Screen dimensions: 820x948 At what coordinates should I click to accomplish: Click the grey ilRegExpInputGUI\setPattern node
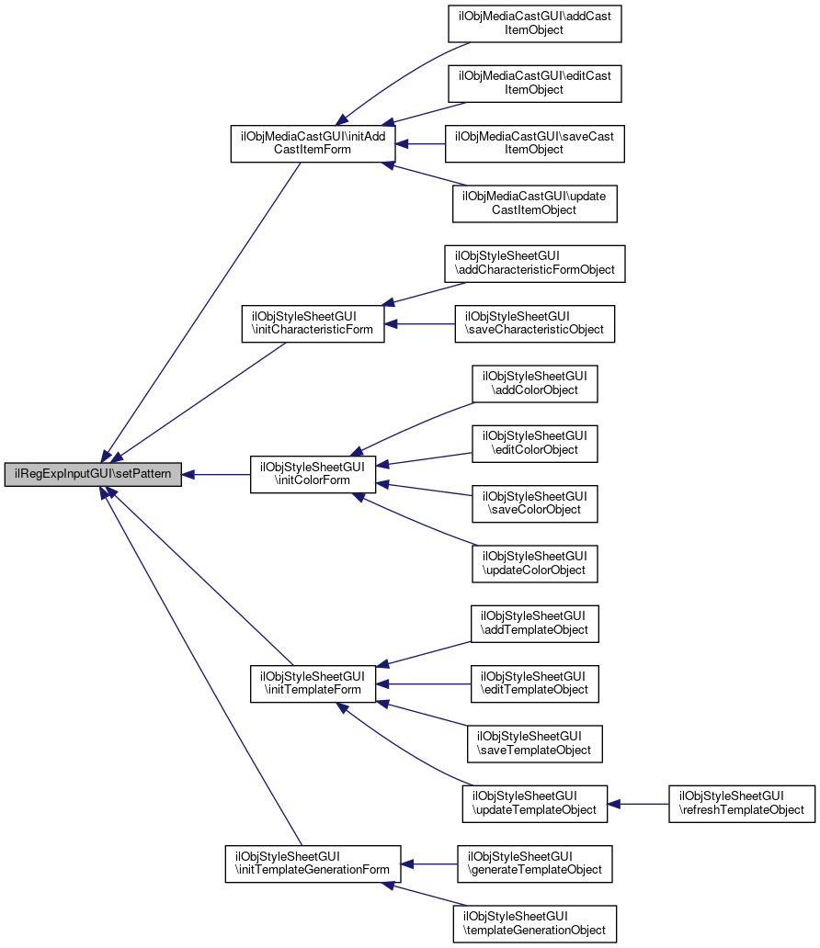tap(93, 474)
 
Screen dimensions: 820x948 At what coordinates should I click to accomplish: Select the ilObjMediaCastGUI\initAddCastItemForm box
tap(313, 144)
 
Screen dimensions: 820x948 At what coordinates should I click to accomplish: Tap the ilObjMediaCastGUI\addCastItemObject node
tap(534, 24)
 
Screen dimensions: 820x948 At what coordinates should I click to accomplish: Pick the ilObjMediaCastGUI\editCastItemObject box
tap(534, 84)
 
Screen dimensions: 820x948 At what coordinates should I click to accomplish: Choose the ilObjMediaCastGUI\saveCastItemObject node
tap(534, 144)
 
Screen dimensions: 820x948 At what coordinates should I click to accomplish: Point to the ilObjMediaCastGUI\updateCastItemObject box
tap(534, 204)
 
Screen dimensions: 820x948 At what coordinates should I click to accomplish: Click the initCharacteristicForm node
tap(313, 323)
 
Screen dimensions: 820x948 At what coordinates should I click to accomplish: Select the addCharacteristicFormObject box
tap(534, 264)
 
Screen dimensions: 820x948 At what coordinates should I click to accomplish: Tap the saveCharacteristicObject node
tap(534, 323)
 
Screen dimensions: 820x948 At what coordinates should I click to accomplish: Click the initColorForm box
tap(313, 474)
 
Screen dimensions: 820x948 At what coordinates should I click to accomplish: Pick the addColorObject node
tap(534, 383)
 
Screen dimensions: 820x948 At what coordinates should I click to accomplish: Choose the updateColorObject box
tap(534, 563)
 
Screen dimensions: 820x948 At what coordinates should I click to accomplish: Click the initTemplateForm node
tap(313, 683)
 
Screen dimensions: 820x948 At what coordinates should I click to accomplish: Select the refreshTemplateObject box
tap(741, 804)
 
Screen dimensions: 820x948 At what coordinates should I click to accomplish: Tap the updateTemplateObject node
tap(534, 804)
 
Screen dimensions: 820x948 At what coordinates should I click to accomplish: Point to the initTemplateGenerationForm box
tap(313, 863)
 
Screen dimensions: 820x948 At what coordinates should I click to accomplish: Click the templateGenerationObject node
tap(534, 923)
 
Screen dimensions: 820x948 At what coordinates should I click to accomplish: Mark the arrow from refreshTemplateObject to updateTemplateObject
tap(638, 804)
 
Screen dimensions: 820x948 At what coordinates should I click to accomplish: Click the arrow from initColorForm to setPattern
tap(216, 475)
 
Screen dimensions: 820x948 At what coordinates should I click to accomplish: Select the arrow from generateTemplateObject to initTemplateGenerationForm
tap(429, 864)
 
